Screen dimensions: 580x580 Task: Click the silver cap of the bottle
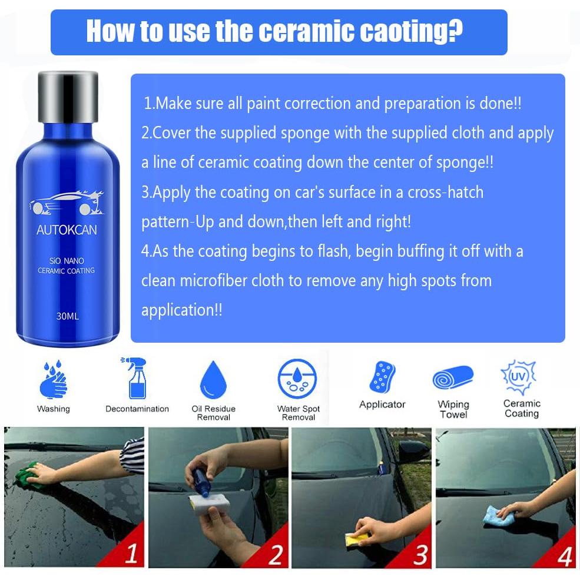pos(68,95)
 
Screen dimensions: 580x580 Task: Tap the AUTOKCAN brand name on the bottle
pos(67,230)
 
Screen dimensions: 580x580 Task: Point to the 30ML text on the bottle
pos(68,316)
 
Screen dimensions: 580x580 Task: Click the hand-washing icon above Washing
pos(53,379)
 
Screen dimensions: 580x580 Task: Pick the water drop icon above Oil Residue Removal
pos(213,379)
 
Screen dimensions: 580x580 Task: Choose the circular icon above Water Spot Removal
pos(297,379)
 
